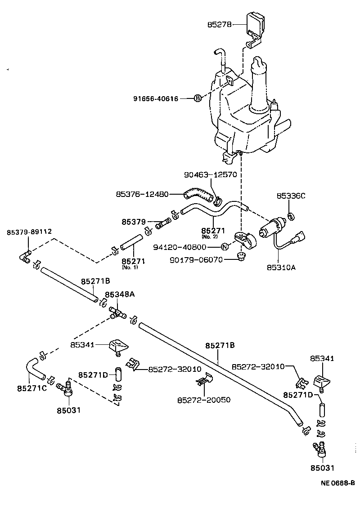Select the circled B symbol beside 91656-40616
[198, 98]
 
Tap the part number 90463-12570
[210, 174]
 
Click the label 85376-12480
[142, 194]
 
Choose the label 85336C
[291, 196]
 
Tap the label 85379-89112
[29, 232]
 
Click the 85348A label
[120, 294]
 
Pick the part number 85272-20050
[203, 399]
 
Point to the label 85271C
[31, 388]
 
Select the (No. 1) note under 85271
[130, 267]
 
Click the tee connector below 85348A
[117, 313]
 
